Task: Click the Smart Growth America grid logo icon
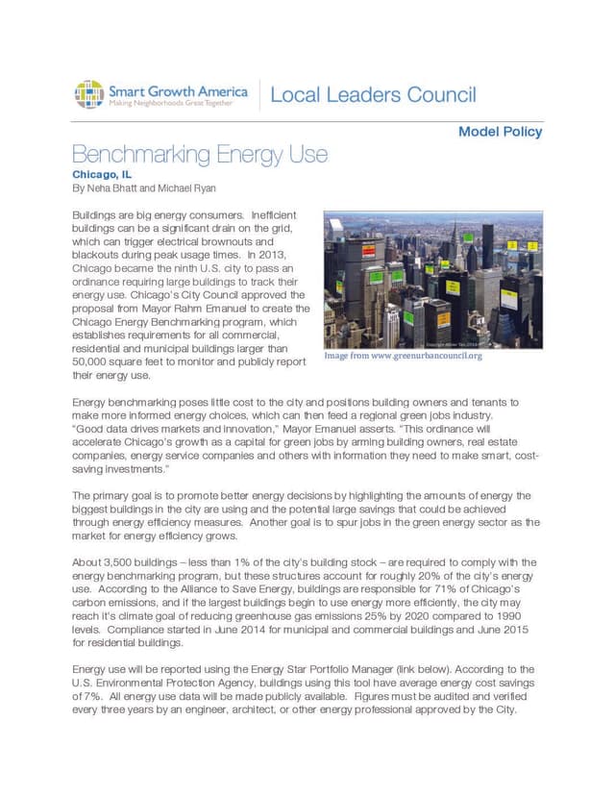[88, 94]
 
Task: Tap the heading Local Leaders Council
[373, 95]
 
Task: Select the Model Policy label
[500, 132]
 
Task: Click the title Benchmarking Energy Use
[200, 155]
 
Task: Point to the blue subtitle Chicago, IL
[101, 175]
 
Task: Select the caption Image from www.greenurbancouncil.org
[403, 356]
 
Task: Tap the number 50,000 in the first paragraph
[92, 363]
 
